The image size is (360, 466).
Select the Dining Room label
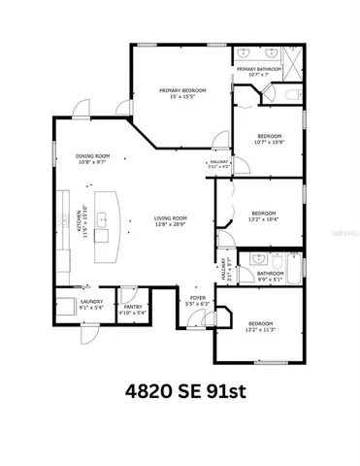[93, 159]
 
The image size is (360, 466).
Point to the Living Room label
[170, 221]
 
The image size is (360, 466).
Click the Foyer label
[197, 301]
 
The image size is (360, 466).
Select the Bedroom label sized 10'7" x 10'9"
[269, 139]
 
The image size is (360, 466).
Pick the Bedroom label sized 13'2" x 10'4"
[264, 216]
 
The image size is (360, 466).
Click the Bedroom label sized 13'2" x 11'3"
[260, 326]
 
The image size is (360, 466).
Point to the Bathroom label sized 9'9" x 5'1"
[270, 276]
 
